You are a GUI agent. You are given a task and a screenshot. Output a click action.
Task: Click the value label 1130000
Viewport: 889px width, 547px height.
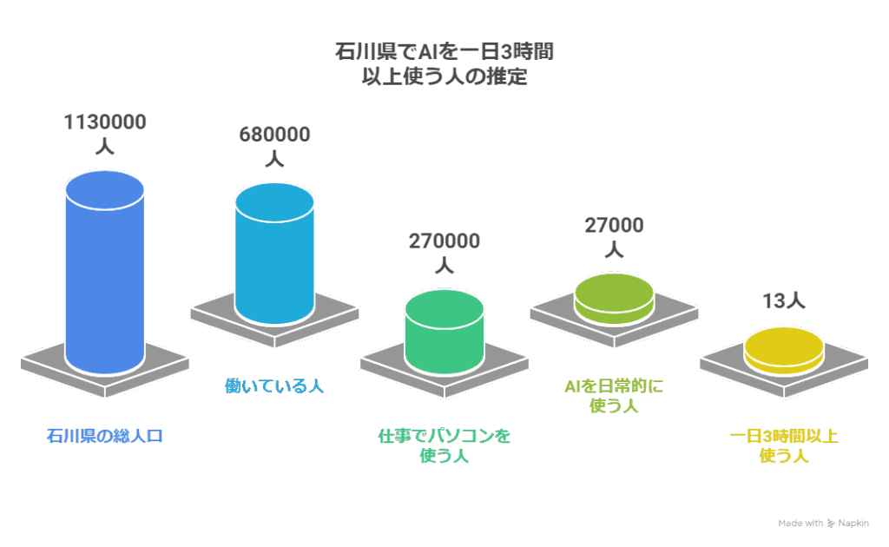tap(104, 122)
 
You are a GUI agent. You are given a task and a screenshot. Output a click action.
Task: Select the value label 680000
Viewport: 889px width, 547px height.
tap(274, 135)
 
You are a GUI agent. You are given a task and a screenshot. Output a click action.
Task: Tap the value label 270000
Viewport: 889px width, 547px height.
tap(444, 241)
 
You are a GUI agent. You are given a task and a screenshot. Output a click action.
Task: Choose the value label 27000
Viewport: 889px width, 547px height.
tap(614, 226)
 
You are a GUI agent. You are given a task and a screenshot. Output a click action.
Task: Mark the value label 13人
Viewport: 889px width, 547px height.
tap(784, 301)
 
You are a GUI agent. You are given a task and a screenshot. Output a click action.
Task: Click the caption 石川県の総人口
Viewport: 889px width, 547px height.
tap(104, 435)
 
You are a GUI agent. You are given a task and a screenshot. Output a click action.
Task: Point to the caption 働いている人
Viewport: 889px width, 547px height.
tap(274, 386)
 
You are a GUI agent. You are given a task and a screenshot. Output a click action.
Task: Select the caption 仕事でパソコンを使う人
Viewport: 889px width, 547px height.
tap(444, 445)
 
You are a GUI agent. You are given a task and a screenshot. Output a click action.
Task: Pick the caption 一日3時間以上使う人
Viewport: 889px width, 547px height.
tap(784, 445)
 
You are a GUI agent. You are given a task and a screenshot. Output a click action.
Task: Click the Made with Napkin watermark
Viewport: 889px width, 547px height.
tap(823, 524)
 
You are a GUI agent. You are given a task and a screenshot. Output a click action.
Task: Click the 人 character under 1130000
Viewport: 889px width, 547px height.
tap(104, 147)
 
